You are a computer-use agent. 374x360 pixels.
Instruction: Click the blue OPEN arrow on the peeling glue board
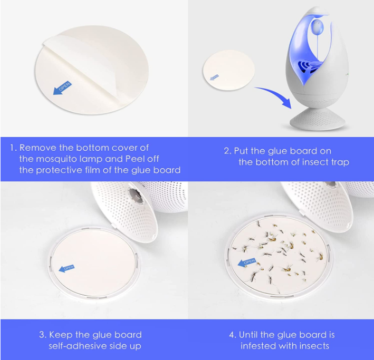(x=62, y=88)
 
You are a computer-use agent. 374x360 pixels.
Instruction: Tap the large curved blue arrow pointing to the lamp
(x=277, y=95)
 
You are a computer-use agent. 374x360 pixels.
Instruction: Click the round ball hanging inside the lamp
(x=317, y=27)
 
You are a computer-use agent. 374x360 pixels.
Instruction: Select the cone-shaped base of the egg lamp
(x=318, y=119)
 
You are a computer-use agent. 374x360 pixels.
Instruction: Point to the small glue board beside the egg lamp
(x=229, y=70)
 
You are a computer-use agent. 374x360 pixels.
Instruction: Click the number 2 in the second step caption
(x=227, y=151)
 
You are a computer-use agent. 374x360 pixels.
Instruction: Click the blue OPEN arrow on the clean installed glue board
(x=66, y=268)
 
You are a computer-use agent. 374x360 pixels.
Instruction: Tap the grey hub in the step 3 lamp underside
(x=136, y=195)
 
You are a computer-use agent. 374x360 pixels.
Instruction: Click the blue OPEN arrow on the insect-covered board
(x=247, y=262)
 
